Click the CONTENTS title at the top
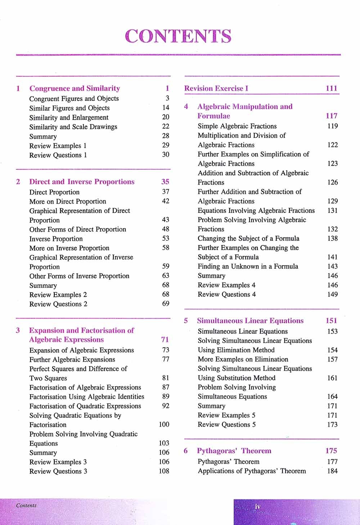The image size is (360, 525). pos(178,36)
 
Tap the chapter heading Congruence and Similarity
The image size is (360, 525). pos(75,88)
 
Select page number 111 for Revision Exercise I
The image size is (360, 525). pos(331,88)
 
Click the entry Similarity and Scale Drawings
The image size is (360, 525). pos(73,127)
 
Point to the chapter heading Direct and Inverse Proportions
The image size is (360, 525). pos(82,182)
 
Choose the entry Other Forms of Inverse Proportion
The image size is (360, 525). pos(79,276)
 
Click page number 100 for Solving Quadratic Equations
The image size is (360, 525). pos(164,424)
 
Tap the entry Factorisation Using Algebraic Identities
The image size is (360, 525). pos(87,397)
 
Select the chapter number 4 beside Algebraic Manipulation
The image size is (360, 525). pos(186,107)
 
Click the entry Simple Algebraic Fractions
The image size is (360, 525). pos(237,126)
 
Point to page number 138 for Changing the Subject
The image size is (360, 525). pos(332,239)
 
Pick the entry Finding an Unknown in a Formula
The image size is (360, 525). pos(248,267)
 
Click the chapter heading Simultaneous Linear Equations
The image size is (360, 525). pos(250,321)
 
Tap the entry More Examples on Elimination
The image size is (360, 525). pos(243,359)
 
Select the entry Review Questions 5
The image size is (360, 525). pos(226,424)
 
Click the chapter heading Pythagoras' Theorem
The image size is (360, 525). pos(234,451)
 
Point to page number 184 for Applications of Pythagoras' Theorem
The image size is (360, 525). pos(332,471)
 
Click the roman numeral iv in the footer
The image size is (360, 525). pos(257,507)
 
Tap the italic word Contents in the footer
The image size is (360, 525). pos(26,506)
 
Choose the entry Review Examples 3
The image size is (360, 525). pos(58,462)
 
